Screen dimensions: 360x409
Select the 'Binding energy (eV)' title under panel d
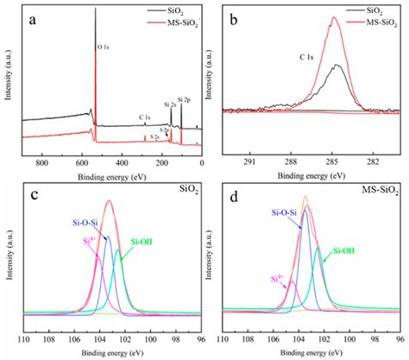click(311, 352)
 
